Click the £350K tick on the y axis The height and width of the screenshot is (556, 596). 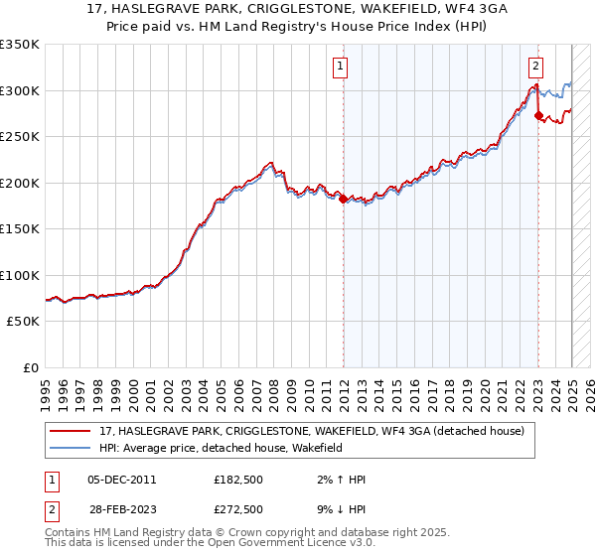coord(20,45)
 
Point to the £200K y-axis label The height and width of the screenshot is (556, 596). coord(20,183)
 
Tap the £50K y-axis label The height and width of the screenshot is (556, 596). coord(23,322)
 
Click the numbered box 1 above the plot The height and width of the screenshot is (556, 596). coord(340,67)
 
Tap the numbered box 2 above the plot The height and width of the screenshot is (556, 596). coord(535,67)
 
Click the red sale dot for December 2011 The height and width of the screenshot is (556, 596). coord(343,199)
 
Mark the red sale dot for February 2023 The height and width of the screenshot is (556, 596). coord(538,116)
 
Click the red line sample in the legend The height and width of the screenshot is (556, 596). coord(70,431)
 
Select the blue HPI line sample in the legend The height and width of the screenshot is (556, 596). coord(70,448)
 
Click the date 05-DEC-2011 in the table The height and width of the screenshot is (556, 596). coord(122,481)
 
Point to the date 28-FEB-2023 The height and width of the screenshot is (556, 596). coord(122,509)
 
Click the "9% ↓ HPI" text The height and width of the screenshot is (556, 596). coord(337,509)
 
